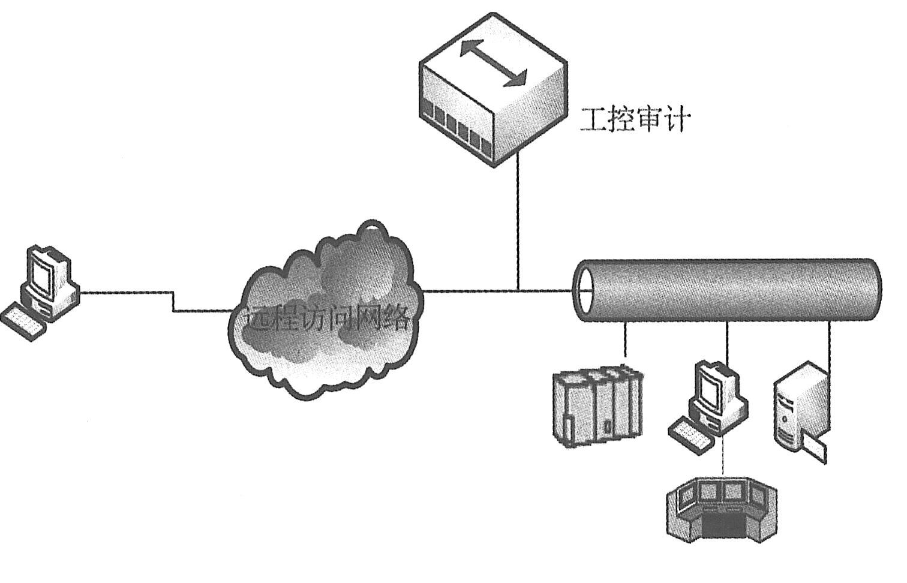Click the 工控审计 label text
click(635, 120)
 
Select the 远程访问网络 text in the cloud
click(327, 318)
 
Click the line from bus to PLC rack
click(626, 342)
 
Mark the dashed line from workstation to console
click(723, 456)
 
